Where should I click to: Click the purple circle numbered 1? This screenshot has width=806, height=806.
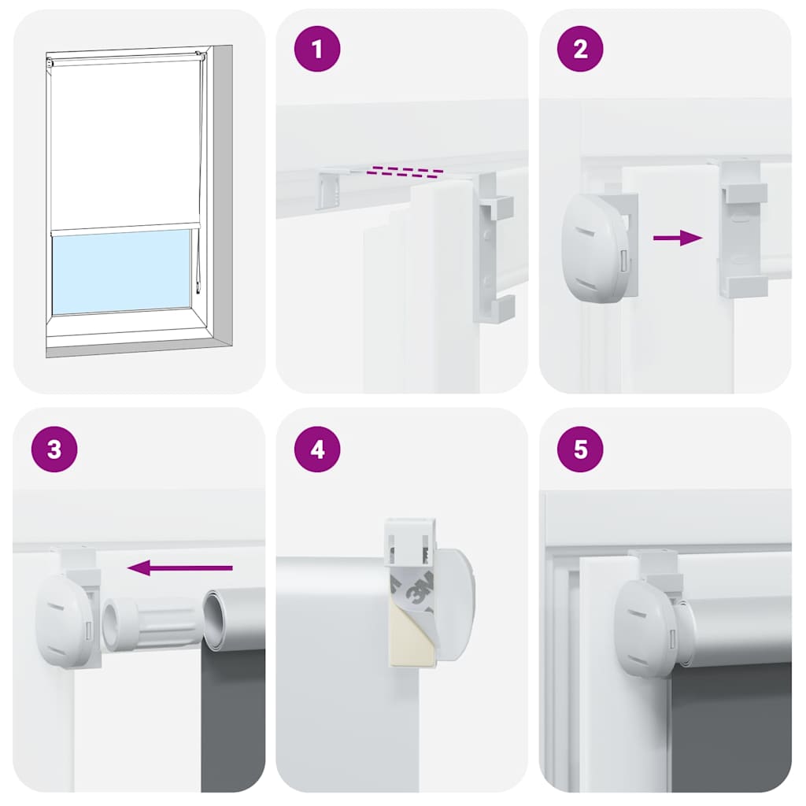coord(317,50)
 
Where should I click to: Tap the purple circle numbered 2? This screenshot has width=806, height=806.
coord(580,50)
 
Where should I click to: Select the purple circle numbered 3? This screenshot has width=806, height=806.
coord(54,449)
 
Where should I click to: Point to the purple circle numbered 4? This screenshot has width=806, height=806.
coord(317,449)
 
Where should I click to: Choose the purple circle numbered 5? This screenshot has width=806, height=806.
coord(580,449)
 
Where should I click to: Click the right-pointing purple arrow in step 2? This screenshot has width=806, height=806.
coord(678,238)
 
